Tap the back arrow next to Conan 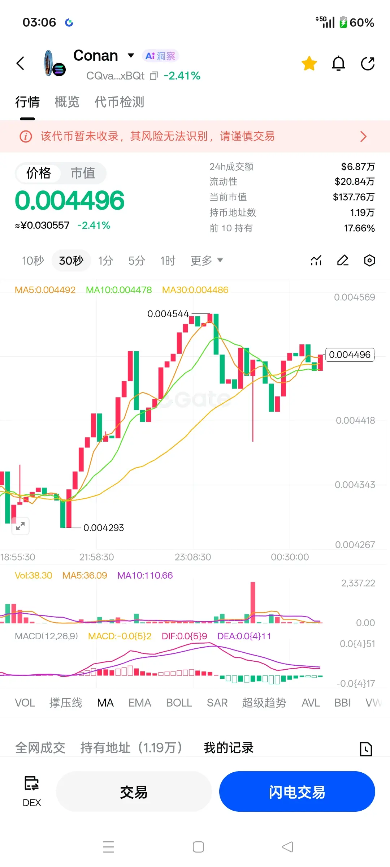(21, 63)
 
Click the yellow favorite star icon (309, 63)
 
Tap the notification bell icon (338, 63)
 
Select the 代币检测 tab (119, 102)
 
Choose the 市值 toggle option (83, 173)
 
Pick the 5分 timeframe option (137, 261)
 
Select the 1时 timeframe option (168, 261)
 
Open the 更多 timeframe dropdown (207, 261)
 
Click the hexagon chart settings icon (369, 260)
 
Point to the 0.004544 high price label (168, 314)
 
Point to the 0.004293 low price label (104, 528)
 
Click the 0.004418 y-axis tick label (355, 420)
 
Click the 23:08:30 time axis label (193, 557)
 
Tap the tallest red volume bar (253, 602)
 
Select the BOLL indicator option (179, 703)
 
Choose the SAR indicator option (217, 703)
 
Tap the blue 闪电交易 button (297, 791)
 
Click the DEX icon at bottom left (32, 784)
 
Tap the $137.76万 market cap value (354, 197)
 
